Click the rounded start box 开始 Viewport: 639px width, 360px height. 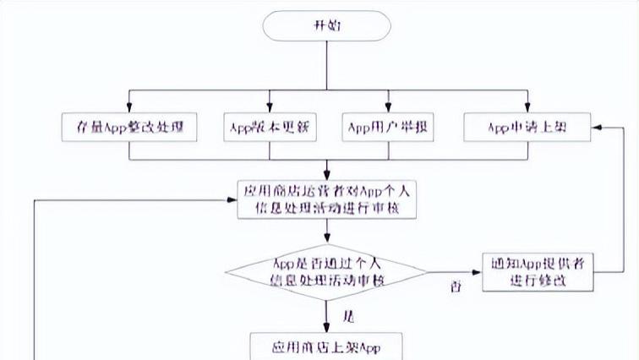click(x=327, y=26)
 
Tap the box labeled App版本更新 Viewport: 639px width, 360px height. click(x=270, y=128)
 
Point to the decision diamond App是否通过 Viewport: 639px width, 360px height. click(x=327, y=274)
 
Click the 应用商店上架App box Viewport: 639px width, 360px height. click(x=327, y=346)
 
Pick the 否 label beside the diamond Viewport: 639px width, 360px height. click(x=456, y=287)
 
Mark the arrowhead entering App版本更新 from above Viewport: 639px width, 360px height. click(x=270, y=107)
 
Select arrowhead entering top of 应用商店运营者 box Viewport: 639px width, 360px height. click(x=327, y=173)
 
